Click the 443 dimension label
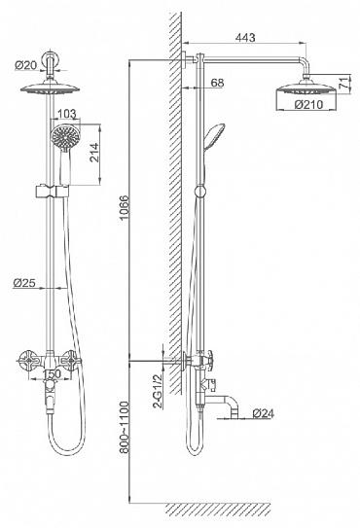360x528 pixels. (x=245, y=37)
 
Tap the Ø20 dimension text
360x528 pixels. (x=25, y=65)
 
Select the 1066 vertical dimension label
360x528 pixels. (x=125, y=207)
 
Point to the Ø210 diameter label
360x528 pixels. (x=308, y=104)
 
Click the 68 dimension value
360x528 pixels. (x=216, y=83)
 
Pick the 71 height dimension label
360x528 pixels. (x=343, y=83)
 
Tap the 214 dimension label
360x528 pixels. (x=94, y=153)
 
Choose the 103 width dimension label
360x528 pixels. (x=67, y=114)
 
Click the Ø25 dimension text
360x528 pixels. (x=24, y=283)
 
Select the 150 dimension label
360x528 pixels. (x=53, y=373)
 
